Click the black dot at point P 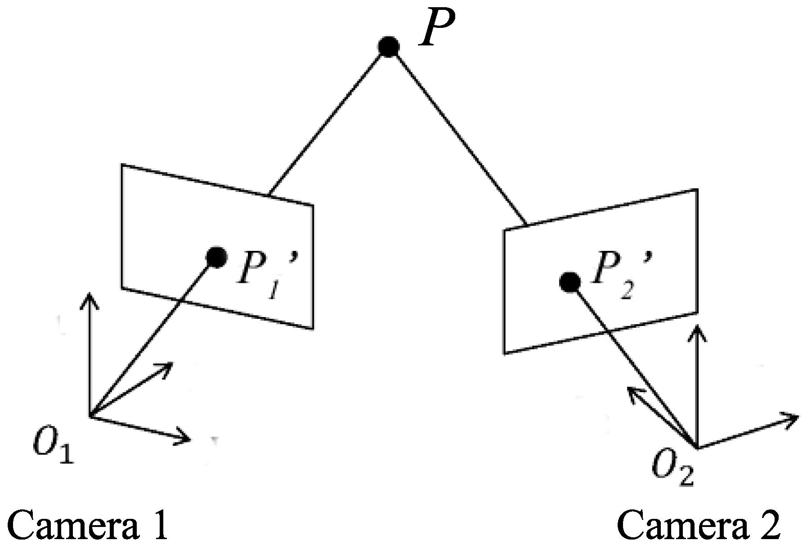point(388,46)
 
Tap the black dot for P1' point(216,257)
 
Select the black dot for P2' point(570,282)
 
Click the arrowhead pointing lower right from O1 point(184,437)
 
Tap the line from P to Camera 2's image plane point(459,135)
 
